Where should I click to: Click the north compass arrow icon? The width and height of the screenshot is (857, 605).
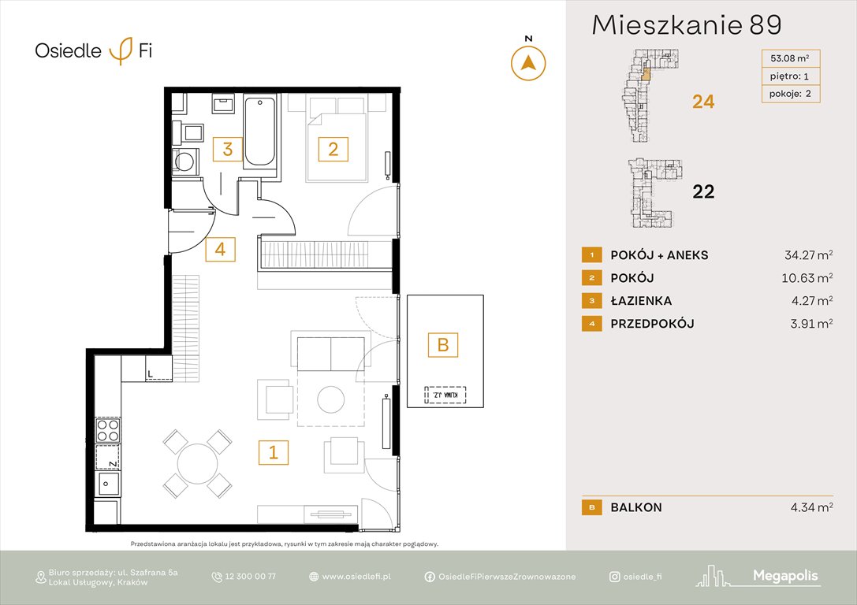coord(528,63)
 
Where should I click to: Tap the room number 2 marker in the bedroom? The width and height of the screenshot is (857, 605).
coord(333,148)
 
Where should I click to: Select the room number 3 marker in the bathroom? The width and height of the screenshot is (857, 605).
coord(227,149)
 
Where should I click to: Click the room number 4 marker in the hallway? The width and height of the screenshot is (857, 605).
coord(220,249)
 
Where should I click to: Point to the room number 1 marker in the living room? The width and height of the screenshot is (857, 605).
coord(273,452)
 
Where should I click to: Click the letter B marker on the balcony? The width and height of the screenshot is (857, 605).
coord(442,344)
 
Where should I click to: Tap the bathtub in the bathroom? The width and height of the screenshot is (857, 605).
coord(259,132)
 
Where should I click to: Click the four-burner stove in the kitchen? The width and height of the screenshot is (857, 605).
coord(108,430)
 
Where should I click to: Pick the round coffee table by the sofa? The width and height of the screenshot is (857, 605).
coord(330,400)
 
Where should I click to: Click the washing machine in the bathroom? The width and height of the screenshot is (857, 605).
coord(186,162)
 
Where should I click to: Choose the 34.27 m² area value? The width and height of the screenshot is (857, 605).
coord(803,255)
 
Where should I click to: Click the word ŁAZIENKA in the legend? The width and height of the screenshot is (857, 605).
coord(640,301)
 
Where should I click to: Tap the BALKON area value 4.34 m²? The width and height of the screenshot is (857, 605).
coord(810,508)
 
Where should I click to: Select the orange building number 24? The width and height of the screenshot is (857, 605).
coord(703,102)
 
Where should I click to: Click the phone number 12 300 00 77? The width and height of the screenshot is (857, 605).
coord(249,577)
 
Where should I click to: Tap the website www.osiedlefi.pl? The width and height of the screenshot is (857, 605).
coord(356,577)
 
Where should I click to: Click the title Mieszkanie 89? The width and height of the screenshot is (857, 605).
coord(686,25)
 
